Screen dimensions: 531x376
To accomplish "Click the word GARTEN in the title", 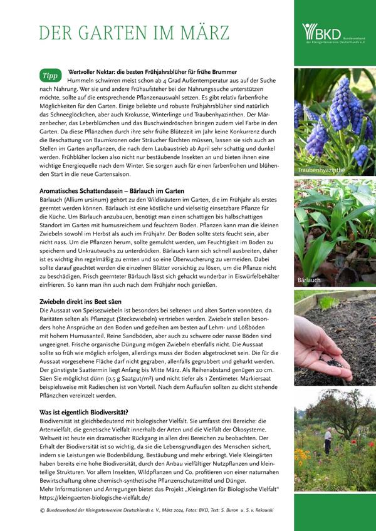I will [x=121, y=33].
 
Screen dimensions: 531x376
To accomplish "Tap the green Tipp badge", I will [x=50, y=76].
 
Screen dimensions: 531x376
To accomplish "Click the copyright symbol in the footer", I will [x=41, y=510].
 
